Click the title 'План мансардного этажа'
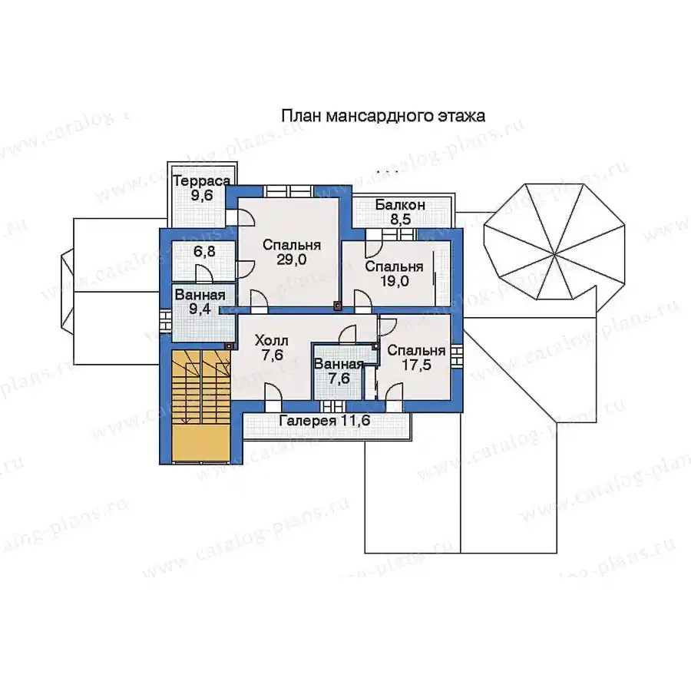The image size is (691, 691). click(383, 116)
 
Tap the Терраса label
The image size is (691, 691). click(201, 181)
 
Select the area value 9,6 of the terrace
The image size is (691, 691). click(202, 196)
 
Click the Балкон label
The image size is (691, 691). click(400, 205)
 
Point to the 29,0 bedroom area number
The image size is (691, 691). click(291, 260)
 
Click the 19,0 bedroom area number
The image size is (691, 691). click(394, 281)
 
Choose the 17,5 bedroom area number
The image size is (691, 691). click(416, 365)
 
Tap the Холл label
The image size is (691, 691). click(272, 340)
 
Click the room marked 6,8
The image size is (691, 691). click(203, 260)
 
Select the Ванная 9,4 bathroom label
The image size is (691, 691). click(200, 302)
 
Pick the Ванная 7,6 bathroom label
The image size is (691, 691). click(339, 371)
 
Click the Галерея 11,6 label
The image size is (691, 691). click(325, 421)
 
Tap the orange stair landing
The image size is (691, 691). click(201, 443)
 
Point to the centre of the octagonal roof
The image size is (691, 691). click(554, 255)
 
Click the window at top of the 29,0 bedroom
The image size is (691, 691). click(288, 192)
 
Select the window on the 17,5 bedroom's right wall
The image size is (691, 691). click(457, 355)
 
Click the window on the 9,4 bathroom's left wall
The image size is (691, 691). click(165, 321)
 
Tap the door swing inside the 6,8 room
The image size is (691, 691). click(204, 273)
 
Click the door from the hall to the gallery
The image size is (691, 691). click(273, 392)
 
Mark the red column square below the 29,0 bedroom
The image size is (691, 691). click(338, 305)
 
